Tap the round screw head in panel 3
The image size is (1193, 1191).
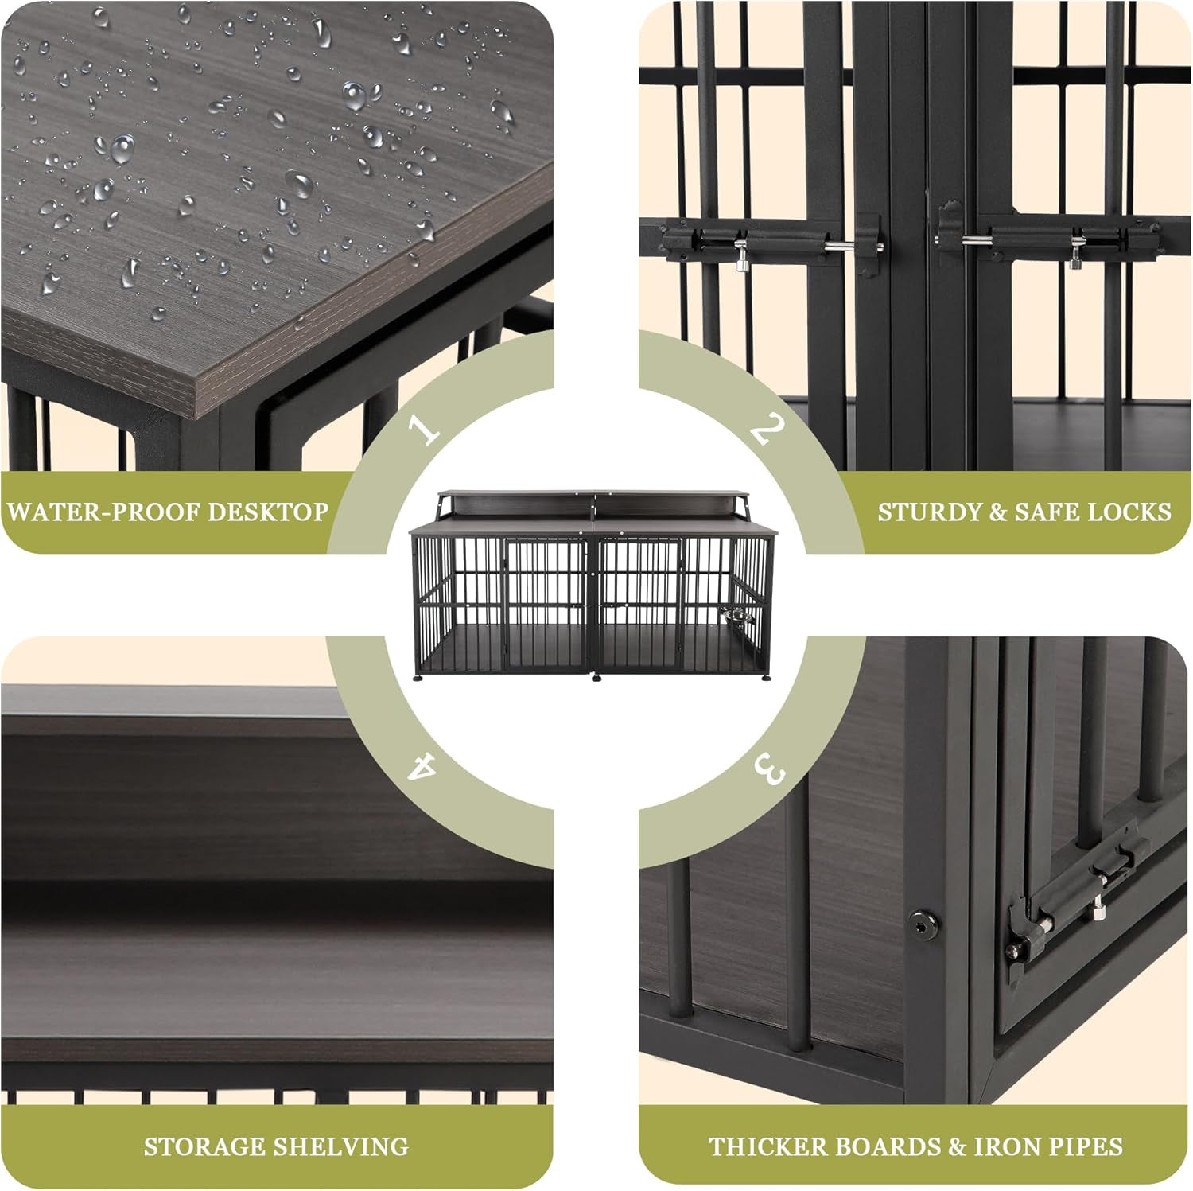922,923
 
